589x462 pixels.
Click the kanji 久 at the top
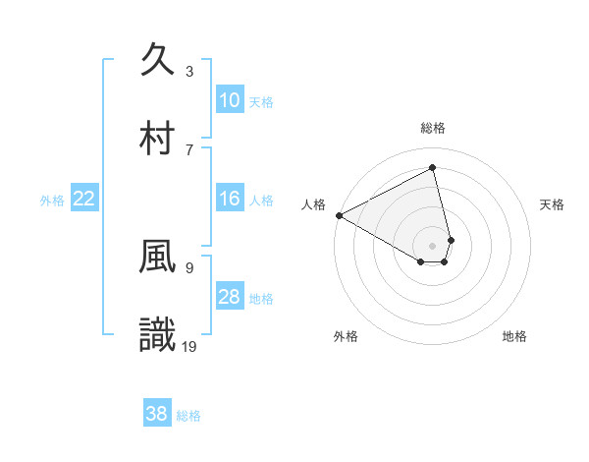(157, 60)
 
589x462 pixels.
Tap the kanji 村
(157, 137)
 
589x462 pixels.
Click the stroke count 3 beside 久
(189, 72)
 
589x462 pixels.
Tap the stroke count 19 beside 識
(190, 346)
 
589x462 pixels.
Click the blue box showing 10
(229, 100)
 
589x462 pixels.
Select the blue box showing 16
(229, 199)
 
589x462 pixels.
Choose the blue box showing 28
(229, 297)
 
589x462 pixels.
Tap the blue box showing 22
(83, 199)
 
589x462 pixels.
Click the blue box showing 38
(156, 414)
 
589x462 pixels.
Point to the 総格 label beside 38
(188, 416)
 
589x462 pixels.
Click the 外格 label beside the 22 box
(52, 201)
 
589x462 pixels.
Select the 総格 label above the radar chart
(433, 128)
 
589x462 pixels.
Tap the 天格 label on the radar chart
(553, 204)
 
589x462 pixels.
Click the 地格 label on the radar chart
(514, 336)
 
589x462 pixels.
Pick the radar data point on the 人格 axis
(339, 215)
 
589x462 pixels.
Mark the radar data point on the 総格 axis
(433, 168)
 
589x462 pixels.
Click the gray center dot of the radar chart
(433, 245)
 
